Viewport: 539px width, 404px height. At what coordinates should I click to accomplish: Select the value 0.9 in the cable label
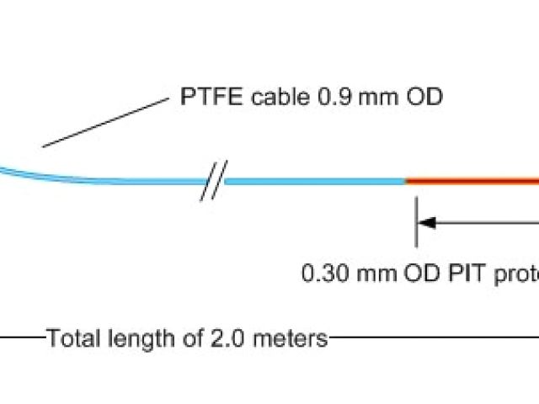coord(329,97)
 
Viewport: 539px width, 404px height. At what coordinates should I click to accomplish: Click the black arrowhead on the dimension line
coord(428,223)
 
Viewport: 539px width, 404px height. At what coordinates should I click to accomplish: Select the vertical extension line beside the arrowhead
coord(415,223)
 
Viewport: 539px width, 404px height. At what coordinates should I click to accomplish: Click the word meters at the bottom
coord(284,339)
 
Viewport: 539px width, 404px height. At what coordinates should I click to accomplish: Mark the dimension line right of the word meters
coord(430,339)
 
